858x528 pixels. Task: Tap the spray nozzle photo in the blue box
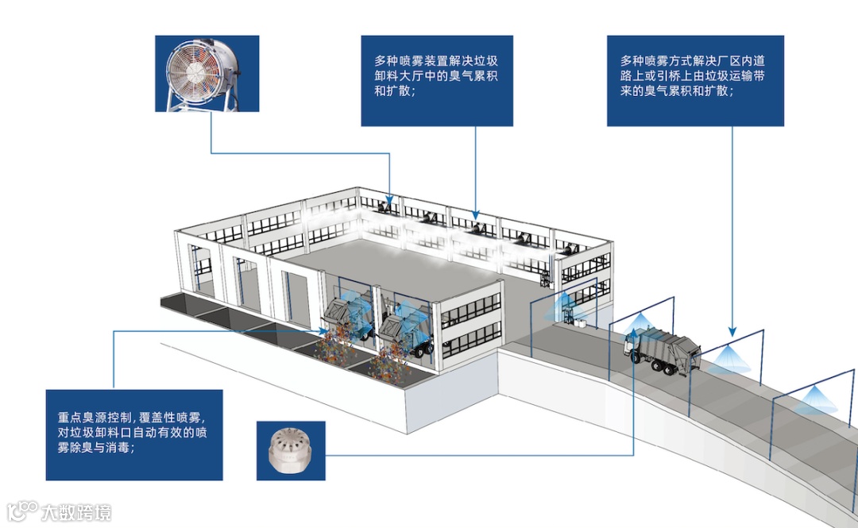(291, 450)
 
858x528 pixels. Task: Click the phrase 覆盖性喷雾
(173, 417)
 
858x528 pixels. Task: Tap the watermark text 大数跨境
(76, 511)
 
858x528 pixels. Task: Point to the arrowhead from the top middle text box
(475, 215)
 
